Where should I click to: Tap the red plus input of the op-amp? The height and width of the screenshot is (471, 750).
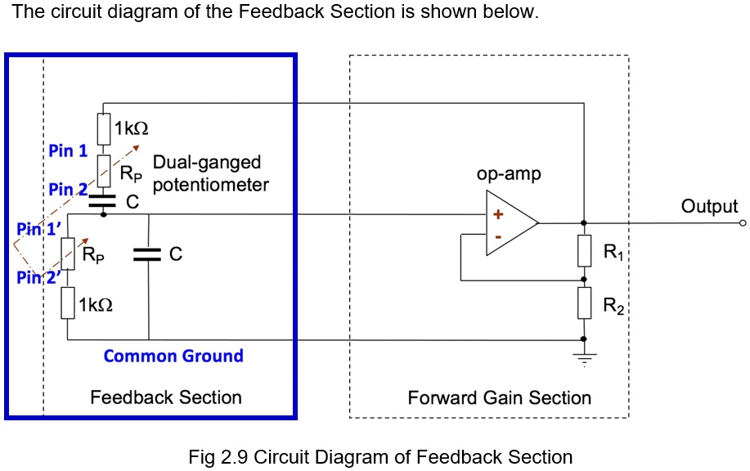(x=496, y=214)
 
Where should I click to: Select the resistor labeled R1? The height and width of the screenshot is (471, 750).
(x=583, y=251)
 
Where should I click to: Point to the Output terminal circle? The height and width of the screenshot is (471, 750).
(x=743, y=222)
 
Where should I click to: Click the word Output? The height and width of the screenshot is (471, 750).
(x=709, y=206)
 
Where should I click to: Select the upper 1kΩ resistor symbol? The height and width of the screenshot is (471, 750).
(x=103, y=128)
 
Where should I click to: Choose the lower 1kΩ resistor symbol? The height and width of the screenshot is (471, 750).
(x=67, y=304)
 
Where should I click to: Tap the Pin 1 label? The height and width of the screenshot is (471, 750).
(x=68, y=150)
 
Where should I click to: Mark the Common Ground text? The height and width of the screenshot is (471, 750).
(x=173, y=356)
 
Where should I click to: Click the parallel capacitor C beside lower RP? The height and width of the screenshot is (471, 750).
(x=149, y=255)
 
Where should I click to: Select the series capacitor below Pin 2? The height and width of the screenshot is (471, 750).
(x=103, y=200)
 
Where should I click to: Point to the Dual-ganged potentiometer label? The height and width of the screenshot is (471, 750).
(x=209, y=173)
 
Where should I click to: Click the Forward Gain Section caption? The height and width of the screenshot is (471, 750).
(x=499, y=398)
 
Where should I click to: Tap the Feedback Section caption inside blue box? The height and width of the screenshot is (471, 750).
(x=166, y=398)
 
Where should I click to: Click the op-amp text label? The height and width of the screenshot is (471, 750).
(x=509, y=175)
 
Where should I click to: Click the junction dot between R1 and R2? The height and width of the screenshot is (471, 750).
(x=583, y=280)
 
